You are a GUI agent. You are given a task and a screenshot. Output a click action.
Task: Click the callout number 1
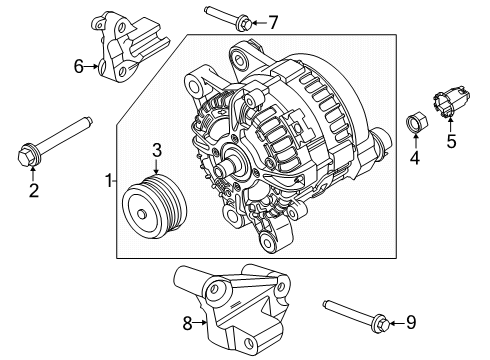click(108, 180)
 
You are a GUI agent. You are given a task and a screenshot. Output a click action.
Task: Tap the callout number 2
click(34, 190)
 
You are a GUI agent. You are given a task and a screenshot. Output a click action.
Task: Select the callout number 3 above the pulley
click(157, 150)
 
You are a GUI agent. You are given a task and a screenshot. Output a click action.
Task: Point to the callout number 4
click(415, 158)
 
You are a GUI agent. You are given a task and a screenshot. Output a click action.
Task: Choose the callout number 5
click(451, 141)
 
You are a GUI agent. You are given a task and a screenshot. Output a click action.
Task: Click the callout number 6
click(78, 66)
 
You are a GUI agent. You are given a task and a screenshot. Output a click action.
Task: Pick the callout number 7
click(273, 23)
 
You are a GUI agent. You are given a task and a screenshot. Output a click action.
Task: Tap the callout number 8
click(187, 323)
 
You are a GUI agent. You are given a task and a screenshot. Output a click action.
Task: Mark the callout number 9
click(411, 322)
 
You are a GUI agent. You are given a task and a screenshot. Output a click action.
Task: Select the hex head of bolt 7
click(244, 22)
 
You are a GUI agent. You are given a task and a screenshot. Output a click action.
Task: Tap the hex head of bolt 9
click(382, 323)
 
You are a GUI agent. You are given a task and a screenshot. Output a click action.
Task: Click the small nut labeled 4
click(417, 122)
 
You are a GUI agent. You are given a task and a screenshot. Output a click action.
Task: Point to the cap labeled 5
click(451, 101)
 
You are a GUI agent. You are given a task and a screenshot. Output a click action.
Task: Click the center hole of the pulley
click(142, 214)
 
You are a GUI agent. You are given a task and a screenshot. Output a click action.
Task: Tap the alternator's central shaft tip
click(221, 170)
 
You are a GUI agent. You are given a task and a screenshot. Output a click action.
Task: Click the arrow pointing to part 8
click(200, 322)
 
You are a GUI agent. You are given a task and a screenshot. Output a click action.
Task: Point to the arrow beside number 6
click(91, 66)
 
